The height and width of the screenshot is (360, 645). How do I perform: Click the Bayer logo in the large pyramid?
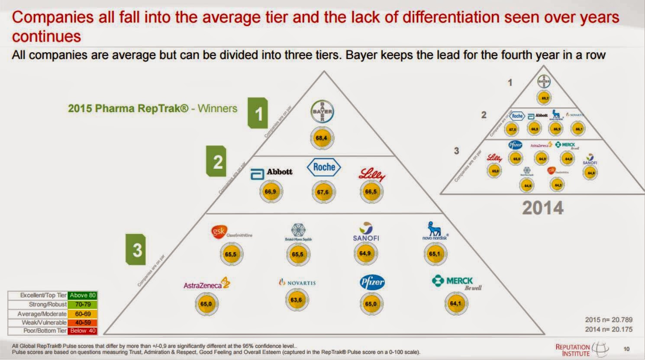click(x=322, y=112)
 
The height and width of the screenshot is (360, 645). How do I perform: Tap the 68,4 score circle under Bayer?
click(x=322, y=138)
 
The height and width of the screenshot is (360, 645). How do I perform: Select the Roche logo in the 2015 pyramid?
click(x=324, y=167)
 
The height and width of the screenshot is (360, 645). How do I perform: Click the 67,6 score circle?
click(x=323, y=192)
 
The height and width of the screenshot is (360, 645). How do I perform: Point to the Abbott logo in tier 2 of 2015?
click(x=272, y=173)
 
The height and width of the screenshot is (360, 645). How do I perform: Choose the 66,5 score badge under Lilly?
click(x=371, y=192)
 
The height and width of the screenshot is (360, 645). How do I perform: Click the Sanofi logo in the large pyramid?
click(x=366, y=232)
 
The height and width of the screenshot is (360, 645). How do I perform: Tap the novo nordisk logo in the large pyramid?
click(x=435, y=231)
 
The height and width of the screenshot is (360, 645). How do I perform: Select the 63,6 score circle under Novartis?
click(x=297, y=300)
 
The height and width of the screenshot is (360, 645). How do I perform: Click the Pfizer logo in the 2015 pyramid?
click(x=372, y=283)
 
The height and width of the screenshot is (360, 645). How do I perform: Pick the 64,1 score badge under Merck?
click(x=455, y=304)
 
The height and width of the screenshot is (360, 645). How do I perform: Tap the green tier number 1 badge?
click(x=258, y=114)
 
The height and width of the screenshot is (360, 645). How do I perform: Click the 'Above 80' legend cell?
click(x=83, y=296)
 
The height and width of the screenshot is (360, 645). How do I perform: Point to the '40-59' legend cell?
click(x=83, y=322)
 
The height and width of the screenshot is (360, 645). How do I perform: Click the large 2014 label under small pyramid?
click(x=542, y=208)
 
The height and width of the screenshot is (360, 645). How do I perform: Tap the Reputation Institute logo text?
click(x=573, y=350)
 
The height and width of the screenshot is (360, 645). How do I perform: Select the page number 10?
click(x=626, y=349)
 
